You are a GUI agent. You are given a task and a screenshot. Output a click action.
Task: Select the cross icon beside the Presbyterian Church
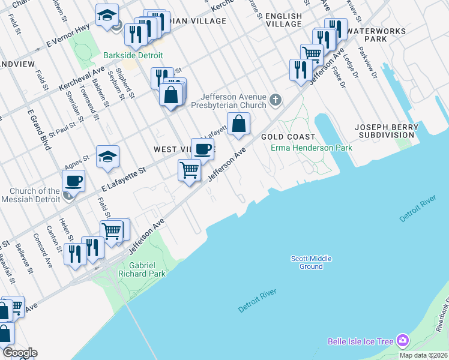click(276, 100)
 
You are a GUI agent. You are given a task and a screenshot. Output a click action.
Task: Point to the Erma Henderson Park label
click(303, 147)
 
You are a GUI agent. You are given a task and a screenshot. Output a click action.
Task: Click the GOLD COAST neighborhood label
click(280, 137)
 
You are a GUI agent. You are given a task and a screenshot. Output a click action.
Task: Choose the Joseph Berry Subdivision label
click(386, 131)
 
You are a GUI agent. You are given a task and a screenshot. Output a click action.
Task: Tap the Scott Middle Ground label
click(311, 262)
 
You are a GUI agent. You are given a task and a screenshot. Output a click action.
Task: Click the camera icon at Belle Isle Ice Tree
click(402, 341)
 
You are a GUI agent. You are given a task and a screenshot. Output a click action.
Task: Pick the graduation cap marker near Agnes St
click(108, 156)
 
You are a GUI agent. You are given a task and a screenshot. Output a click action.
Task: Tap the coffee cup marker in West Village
click(202, 148)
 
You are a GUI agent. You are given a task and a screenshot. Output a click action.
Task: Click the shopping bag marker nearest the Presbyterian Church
click(238, 123)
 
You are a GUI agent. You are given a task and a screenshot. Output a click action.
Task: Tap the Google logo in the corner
click(19, 353)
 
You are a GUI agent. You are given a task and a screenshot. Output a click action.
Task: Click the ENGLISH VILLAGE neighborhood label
click(283, 20)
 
